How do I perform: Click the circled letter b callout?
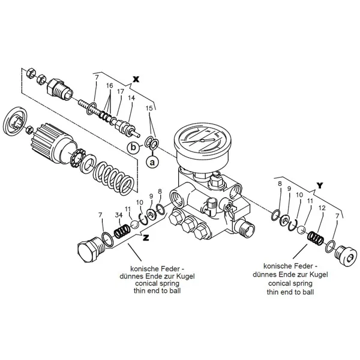[x=133, y=147]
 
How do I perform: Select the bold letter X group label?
[x=136, y=79]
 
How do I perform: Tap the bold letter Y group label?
[x=320, y=185]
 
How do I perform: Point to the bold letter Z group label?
[x=146, y=238]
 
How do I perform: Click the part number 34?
[x=119, y=215]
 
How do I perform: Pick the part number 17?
[x=121, y=92]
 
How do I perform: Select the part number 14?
[x=131, y=98]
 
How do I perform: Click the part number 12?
[x=322, y=208]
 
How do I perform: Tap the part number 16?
[x=110, y=85]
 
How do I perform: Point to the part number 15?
[x=149, y=108]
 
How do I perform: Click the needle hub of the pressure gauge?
[x=202, y=140]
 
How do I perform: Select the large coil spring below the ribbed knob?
[x=113, y=179]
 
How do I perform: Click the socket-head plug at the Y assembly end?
[x=346, y=256]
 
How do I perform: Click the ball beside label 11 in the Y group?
[x=301, y=230]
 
